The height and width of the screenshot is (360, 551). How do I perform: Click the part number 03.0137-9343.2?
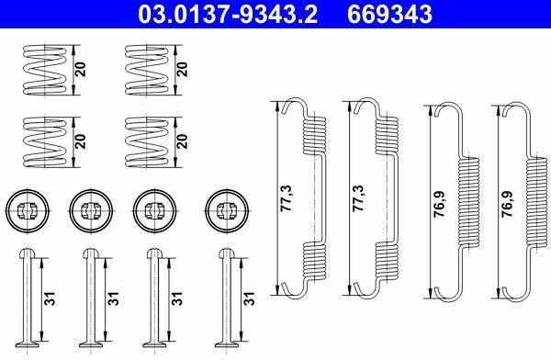point(228,15)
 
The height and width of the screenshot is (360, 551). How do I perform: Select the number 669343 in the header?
point(389,15)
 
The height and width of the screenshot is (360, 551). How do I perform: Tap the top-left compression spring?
point(44,70)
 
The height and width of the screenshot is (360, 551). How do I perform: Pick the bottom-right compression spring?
point(147,142)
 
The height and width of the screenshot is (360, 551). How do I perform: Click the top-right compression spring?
point(147,70)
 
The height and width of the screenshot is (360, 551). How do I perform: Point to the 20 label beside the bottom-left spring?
point(81,141)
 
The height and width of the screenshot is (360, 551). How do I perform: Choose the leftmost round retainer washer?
point(28,210)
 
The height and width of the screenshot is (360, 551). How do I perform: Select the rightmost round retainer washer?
point(227,210)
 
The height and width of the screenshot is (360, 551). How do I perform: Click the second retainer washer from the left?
point(91,210)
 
